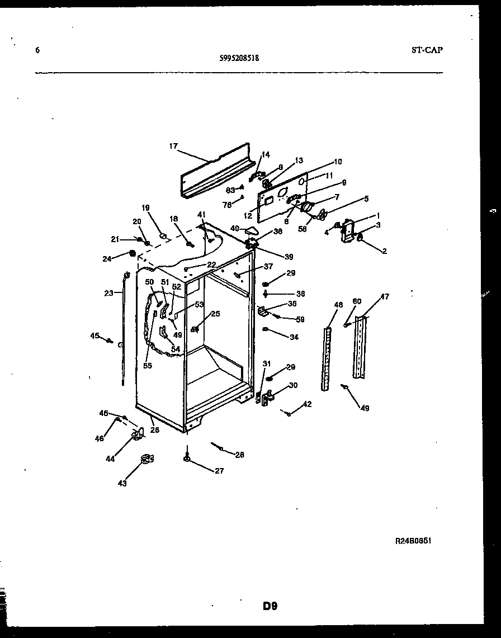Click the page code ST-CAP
(427, 50)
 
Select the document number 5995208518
(239, 57)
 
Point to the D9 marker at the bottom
(270, 606)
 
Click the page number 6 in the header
(37, 50)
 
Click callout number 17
(173, 146)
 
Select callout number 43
(122, 483)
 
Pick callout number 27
(219, 471)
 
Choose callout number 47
(385, 297)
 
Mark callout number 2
(384, 252)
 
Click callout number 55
(147, 366)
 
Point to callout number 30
(293, 385)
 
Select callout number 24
(106, 258)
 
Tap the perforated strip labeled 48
(327, 358)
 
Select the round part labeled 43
(146, 460)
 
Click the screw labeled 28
(219, 447)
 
